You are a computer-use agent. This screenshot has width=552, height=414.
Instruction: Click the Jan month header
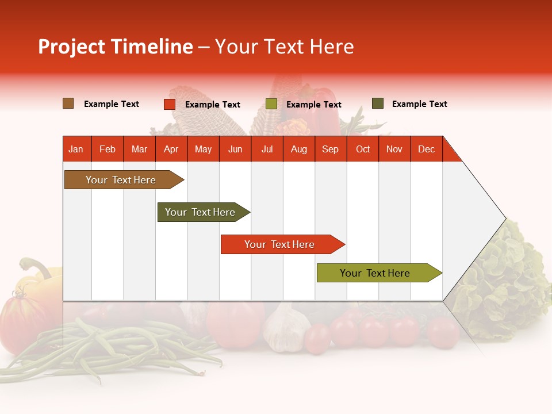pos(76,149)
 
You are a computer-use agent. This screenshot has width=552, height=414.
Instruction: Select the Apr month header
pos(171,149)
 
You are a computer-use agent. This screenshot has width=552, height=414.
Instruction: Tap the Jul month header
pos(267,149)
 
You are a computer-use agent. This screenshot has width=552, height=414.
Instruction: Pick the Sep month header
pos(330,149)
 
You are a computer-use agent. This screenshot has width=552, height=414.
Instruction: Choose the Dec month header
pos(426,149)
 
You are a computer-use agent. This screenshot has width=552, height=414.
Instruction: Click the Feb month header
pos(108,149)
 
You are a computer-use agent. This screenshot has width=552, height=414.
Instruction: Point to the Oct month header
pos(363,149)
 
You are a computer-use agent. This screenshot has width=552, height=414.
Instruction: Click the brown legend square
pos(68,103)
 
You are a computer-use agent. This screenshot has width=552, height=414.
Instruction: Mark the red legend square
pos(170,104)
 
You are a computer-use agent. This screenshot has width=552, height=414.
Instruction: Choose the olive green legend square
pos(271,104)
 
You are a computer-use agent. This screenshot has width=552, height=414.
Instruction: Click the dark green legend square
pos(378,103)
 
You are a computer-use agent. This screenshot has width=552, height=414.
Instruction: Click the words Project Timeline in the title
pos(116,47)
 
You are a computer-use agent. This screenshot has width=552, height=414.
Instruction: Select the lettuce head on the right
pos(506,276)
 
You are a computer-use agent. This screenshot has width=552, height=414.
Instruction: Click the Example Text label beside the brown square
pos(112,104)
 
